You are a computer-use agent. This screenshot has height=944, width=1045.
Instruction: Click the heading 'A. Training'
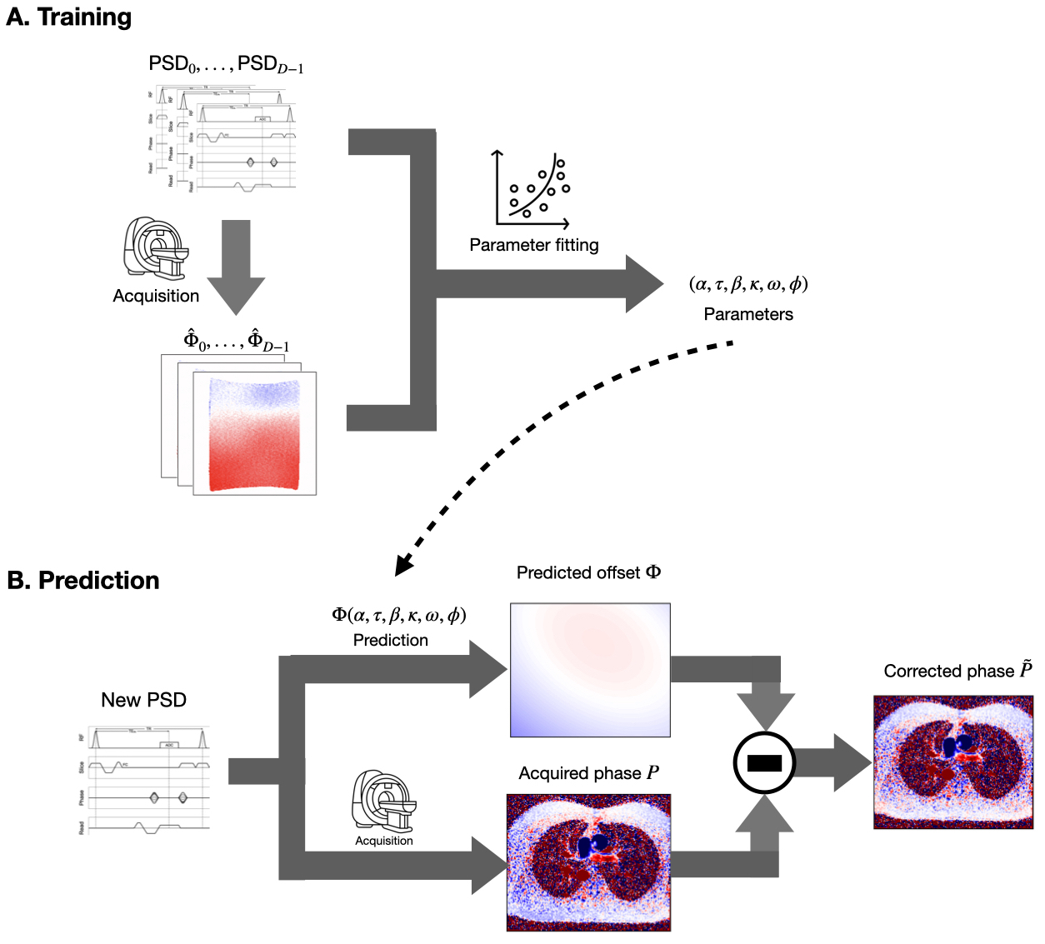(69, 17)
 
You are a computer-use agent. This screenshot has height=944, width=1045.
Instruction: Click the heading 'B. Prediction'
(83, 581)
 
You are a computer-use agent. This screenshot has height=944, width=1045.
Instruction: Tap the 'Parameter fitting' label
(533, 245)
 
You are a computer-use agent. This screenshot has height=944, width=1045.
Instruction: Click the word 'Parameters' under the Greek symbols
(748, 314)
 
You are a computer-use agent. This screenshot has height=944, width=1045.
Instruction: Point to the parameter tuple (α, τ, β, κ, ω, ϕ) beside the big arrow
(748, 284)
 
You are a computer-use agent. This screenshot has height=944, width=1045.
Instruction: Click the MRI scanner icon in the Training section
(156, 247)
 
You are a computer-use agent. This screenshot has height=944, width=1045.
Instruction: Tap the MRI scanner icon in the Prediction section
(384, 801)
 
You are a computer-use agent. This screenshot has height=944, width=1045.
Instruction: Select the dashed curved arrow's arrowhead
(403, 566)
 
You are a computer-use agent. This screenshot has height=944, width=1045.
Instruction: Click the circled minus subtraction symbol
(764, 762)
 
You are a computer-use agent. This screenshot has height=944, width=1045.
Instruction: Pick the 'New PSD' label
(143, 700)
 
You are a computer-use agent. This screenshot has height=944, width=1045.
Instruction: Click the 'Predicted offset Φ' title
(588, 572)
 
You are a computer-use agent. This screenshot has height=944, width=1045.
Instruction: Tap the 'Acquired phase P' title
(588, 773)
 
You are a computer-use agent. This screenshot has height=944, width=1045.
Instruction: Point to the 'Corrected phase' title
(957, 671)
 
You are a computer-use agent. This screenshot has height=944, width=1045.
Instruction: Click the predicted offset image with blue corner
(590, 670)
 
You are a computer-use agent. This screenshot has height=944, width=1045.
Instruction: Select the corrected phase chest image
(953, 762)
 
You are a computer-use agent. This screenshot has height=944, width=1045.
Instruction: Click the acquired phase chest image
(588, 862)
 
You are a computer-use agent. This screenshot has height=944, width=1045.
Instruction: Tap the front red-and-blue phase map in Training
(254, 433)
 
